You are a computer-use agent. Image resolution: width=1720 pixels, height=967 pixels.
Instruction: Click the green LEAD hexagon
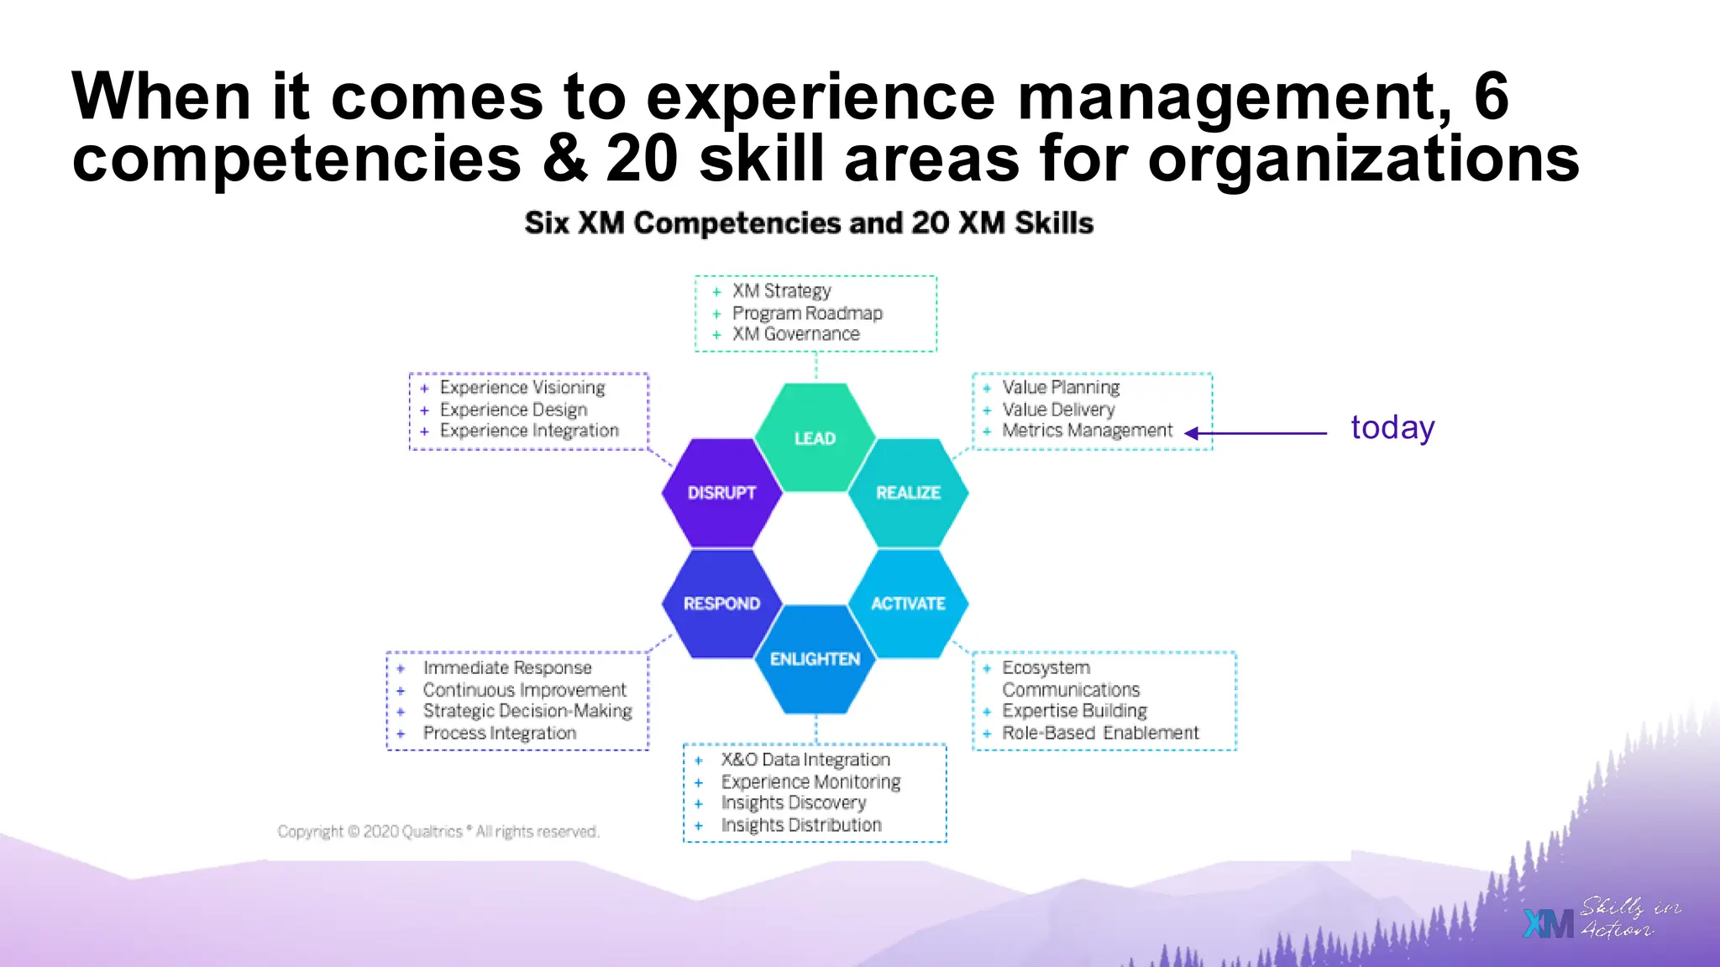click(815, 436)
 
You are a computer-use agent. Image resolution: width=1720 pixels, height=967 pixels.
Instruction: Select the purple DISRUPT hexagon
click(721, 493)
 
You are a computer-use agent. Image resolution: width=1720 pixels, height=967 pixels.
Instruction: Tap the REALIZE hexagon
click(908, 493)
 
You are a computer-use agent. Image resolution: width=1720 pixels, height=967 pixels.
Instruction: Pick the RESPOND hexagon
click(721, 603)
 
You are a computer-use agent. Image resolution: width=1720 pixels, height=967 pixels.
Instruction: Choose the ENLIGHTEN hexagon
click(815, 659)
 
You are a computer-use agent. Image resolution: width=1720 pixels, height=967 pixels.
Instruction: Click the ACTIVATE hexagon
click(908, 603)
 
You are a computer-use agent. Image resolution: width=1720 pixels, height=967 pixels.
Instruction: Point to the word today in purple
click(1392, 428)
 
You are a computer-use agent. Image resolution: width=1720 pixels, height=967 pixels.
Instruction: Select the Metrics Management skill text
click(1087, 431)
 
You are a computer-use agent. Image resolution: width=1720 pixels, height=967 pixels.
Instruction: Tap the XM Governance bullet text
click(795, 334)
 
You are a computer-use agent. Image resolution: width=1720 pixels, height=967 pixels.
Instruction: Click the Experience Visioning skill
click(522, 387)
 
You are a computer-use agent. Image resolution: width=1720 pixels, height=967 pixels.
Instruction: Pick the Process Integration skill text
click(500, 733)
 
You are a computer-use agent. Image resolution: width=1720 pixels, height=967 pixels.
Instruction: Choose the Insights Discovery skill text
click(793, 803)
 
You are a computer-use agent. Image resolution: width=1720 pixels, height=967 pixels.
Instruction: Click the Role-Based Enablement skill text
click(1100, 733)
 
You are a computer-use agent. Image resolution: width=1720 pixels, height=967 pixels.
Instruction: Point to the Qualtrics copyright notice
click(438, 831)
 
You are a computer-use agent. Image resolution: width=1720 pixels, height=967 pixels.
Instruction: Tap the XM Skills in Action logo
click(1601, 918)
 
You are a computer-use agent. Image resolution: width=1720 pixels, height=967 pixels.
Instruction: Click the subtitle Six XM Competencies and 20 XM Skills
click(809, 223)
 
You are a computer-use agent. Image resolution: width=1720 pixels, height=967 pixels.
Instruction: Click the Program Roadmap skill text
click(807, 313)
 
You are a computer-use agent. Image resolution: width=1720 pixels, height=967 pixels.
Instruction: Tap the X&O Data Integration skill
click(805, 760)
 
